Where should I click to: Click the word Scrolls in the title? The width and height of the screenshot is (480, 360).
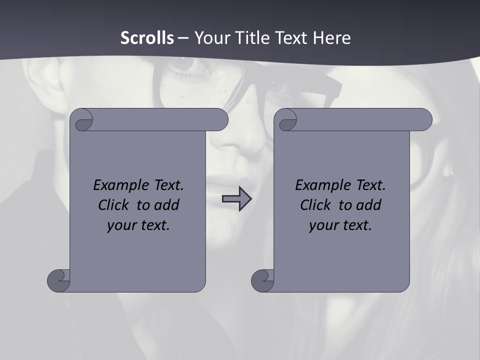tap(147, 37)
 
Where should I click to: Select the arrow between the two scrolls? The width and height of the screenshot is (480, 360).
tap(236, 199)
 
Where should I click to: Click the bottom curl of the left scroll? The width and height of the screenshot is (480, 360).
tap(59, 280)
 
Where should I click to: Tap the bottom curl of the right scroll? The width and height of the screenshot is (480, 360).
tap(263, 280)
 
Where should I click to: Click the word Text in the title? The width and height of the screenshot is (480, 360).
tap(289, 37)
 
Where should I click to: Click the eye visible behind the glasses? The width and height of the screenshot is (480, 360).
tap(187, 64)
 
